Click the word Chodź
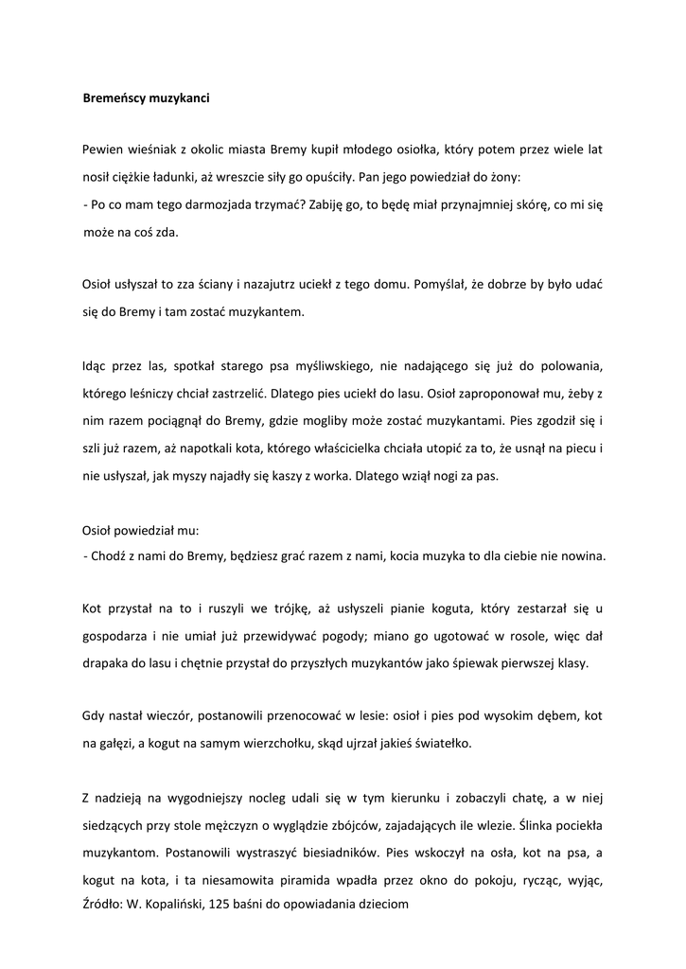click(x=111, y=557)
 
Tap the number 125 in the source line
click(x=229, y=904)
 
